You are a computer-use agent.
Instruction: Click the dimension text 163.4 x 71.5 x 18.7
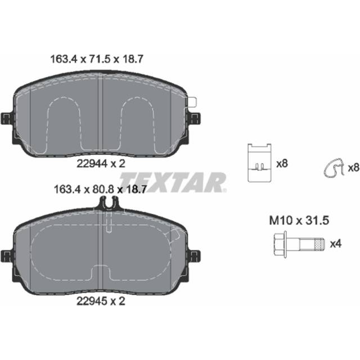97,59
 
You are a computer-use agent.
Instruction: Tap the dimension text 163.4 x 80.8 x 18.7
100,190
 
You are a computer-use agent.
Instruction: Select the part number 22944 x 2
101,164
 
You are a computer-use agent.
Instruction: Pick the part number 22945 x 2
101,301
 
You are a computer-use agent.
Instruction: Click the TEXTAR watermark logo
173,182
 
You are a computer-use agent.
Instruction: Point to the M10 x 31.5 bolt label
299,220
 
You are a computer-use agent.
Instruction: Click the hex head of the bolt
280,244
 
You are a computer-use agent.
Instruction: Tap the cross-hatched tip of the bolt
320,244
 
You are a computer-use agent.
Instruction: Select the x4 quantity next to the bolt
336,244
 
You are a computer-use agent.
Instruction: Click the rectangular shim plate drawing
260,163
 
